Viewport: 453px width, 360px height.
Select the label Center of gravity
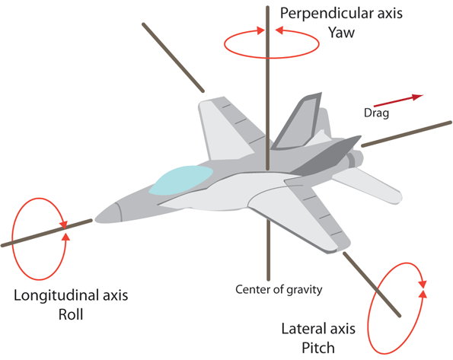[x=279, y=289]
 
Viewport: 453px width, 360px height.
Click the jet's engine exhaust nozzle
[x=353, y=160]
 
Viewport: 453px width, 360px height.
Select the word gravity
[x=302, y=289]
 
